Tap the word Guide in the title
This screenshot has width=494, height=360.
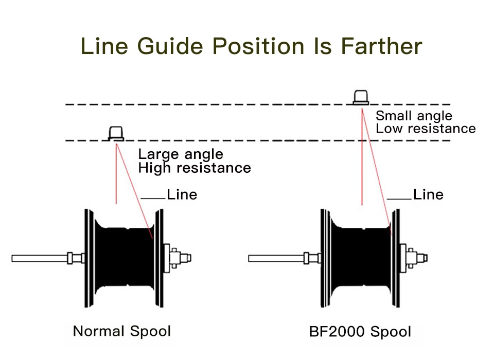click(x=170, y=46)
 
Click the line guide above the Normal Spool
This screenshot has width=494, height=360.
click(x=116, y=133)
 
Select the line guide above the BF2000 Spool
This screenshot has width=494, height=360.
click(x=361, y=97)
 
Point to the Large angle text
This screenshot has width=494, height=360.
click(x=181, y=154)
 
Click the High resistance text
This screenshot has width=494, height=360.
click(x=195, y=168)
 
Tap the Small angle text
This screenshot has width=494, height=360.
click(x=414, y=116)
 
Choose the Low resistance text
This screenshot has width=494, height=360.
click(x=426, y=129)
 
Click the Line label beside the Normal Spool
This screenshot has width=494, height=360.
click(x=182, y=194)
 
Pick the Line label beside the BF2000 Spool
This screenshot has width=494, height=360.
click(x=428, y=194)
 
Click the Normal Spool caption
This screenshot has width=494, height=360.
click(x=121, y=331)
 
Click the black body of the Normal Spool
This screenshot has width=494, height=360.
click(x=123, y=257)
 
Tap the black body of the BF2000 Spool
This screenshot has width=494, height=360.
click(x=360, y=257)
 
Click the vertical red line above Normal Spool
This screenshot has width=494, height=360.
click(x=116, y=175)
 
